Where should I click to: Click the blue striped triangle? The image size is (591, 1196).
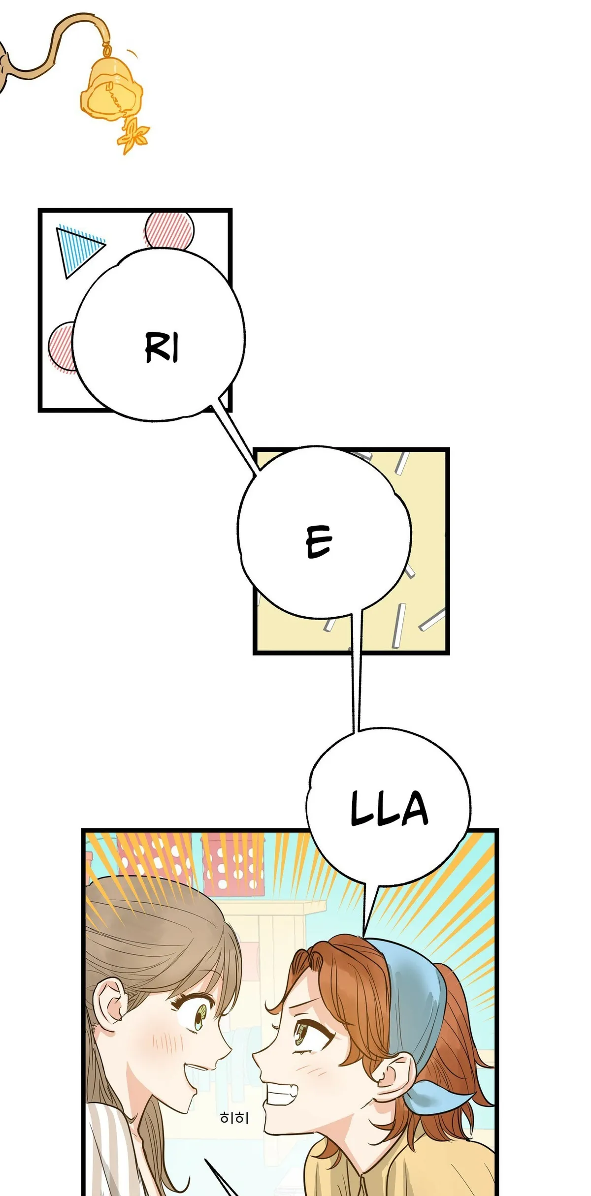(x=76, y=250)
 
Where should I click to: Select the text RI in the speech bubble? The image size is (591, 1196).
(x=162, y=347)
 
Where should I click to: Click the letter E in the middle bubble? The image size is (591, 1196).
(x=319, y=541)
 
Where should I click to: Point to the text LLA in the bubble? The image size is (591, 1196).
(x=389, y=809)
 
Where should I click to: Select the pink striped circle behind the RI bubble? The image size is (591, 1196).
(x=61, y=347)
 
